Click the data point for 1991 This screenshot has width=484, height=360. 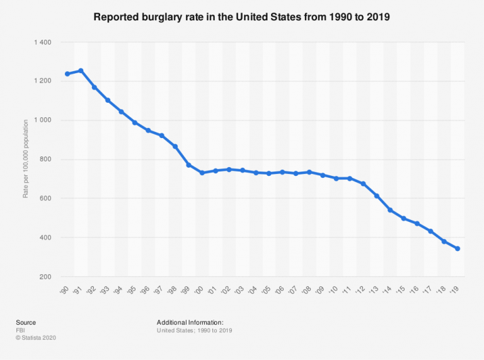click(81, 71)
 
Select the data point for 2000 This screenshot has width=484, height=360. click(202, 173)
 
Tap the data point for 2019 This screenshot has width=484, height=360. click(458, 248)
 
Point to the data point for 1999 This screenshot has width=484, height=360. click(188, 165)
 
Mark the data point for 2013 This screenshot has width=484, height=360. click(377, 196)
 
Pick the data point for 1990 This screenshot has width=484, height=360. click(67, 74)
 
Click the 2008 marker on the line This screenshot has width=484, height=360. click(309, 172)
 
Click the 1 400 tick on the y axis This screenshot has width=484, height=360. click(43, 42)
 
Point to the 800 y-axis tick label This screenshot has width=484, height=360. click(45, 160)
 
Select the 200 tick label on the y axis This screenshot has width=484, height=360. click(45, 277)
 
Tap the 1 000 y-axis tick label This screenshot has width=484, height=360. click(43, 120)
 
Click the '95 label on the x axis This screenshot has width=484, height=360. click(132, 290)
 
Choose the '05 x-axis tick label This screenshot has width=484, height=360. click(266, 290)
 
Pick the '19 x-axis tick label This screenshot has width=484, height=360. click(454, 289)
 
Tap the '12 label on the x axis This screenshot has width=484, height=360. click(360, 290)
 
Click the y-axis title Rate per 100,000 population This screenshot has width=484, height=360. click(25, 159)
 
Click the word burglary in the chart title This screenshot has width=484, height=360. click(162, 17)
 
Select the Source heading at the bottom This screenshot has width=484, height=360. click(26, 322)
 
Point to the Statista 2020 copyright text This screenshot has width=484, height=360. click(36, 338)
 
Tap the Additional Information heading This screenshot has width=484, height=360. click(190, 322)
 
